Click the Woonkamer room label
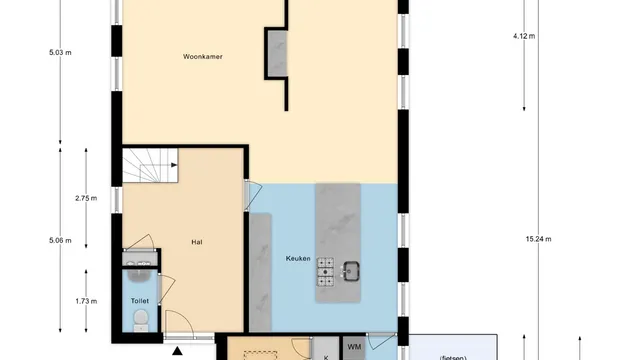(x=202, y=57)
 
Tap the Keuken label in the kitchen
(x=298, y=258)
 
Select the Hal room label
(x=197, y=242)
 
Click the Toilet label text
(x=140, y=301)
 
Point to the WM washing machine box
(x=354, y=348)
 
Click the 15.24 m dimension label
(x=538, y=239)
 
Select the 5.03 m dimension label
(x=60, y=53)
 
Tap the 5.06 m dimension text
(x=60, y=240)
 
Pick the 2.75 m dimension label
(x=86, y=198)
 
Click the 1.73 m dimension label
(x=86, y=301)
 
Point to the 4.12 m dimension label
(x=524, y=36)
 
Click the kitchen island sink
(x=351, y=271)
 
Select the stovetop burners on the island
(x=326, y=271)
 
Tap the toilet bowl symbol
(x=141, y=320)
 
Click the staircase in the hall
(x=150, y=165)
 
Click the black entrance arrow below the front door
(x=177, y=351)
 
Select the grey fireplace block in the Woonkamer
(x=277, y=53)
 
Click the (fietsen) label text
(x=453, y=358)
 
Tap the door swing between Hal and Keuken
(x=253, y=196)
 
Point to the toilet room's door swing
(x=167, y=289)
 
